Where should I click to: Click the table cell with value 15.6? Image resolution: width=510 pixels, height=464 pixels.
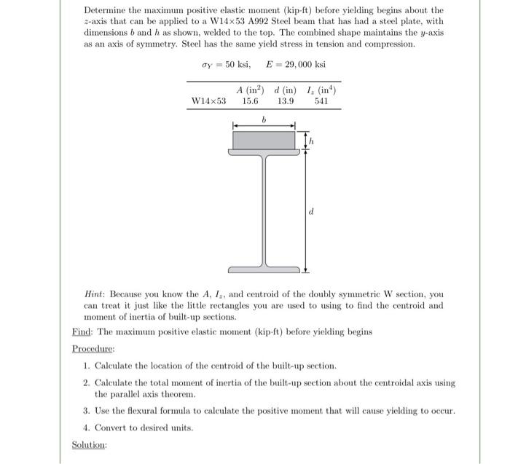point(251,101)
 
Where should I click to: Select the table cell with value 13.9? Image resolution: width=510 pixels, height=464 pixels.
point(286,101)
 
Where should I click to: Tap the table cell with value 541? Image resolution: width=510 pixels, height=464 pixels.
point(321,101)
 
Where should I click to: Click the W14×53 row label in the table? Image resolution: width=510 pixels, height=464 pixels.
point(208,101)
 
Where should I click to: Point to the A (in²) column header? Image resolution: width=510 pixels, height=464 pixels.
point(250,90)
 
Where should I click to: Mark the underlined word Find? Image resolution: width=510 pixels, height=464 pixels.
point(80,332)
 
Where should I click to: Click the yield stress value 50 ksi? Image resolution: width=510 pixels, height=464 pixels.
point(238,65)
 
